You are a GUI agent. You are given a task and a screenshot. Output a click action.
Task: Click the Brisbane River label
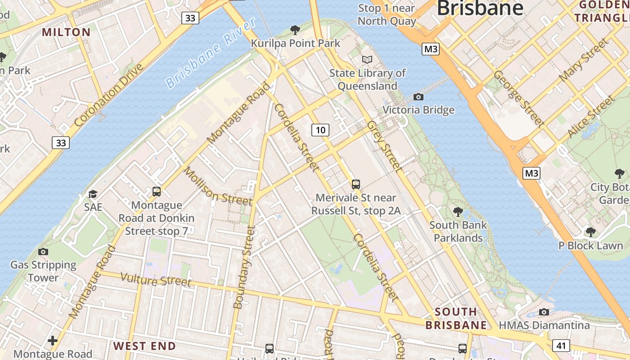211,53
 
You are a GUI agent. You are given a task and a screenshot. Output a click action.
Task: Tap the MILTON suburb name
67,32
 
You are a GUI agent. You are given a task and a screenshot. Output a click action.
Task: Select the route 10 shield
320,130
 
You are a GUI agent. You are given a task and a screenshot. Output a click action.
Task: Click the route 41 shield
561,346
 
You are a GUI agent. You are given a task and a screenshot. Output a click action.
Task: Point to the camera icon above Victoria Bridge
418,97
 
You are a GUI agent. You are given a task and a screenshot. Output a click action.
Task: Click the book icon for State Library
367,59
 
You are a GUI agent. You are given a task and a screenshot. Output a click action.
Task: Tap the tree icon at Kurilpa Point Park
295,30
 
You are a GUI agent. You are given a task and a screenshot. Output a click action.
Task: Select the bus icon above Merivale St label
356,184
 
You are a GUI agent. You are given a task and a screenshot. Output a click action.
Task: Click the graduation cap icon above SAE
93,194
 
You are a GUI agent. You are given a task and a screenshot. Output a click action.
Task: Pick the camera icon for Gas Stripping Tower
43,252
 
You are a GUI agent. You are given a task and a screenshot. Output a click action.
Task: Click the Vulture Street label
156,280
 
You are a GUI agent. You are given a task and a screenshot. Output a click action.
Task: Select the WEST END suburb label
144,346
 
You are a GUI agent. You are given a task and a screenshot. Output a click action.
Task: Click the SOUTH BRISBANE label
456,318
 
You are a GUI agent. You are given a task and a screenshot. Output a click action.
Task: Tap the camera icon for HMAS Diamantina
544,312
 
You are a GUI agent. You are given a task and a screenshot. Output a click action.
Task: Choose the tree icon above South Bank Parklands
458,211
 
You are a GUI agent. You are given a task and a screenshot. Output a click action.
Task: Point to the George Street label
518,98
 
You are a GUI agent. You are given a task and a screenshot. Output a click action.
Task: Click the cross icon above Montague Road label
53,341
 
